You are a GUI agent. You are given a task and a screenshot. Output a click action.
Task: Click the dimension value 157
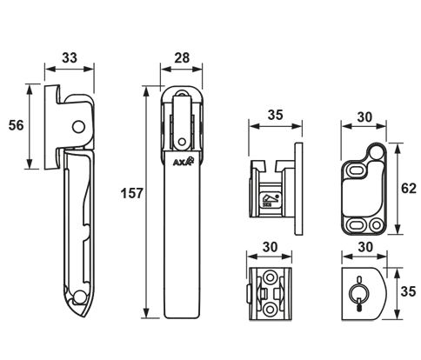tap(132, 193)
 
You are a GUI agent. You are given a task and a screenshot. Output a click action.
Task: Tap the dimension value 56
tap(16, 125)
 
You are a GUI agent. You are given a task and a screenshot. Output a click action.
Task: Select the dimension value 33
tap(70, 57)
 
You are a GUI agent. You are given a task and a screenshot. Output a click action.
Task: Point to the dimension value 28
tap(182, 57)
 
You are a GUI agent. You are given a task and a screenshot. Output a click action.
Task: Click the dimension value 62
tap(409, 189)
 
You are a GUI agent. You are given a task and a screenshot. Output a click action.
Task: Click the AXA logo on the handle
tap(183, 162)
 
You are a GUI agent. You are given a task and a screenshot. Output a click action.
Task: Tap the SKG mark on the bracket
tap(271, 200)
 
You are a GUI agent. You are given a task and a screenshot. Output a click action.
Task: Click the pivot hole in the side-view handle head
tap(78, 127)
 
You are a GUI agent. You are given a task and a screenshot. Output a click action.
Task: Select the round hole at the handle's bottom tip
tap(79, 298)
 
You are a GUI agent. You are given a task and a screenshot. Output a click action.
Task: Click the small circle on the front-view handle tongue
tap(182, 142)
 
